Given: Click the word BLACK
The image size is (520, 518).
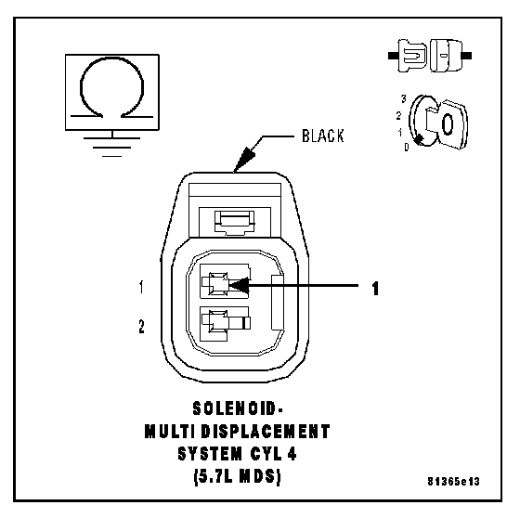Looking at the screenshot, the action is point(323,136).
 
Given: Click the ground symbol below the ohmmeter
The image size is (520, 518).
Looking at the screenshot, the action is point(111,143).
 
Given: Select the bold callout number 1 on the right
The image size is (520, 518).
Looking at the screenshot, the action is point(375,288).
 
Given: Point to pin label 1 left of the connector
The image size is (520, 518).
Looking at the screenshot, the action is point(141,287).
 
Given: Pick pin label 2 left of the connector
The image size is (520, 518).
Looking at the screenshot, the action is point(141,327).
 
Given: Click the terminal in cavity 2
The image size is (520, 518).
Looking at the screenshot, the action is point(227,322).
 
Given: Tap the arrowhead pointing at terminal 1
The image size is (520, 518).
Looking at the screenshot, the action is point(240,285).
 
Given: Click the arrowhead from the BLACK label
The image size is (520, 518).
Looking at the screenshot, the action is point(244,159).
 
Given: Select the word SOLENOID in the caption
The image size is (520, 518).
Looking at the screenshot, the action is point(234,408).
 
